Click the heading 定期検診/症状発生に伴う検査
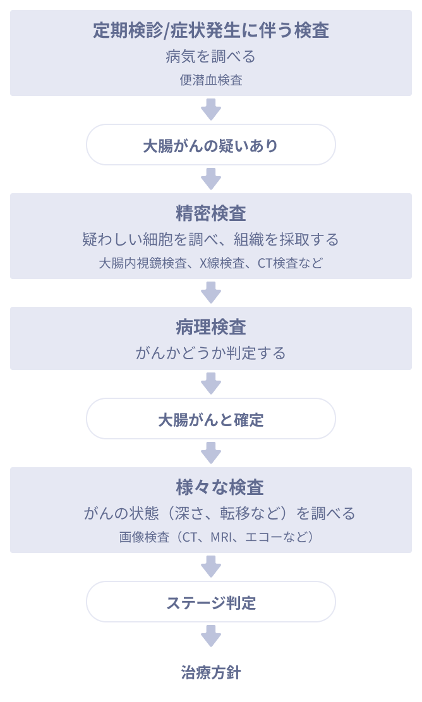pos(211,30)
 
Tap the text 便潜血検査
pos(211,80)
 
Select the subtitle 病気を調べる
pos(211,57)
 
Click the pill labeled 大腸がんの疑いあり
pos(211,146)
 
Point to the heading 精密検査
pos(211,213)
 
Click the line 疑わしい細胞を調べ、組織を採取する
pos(211,240)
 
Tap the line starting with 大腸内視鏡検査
pos(211,263)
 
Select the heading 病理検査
pos(211,326)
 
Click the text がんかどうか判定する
pos(211,353)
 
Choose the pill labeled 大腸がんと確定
pos(211,419)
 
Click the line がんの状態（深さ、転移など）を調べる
pos(211,513)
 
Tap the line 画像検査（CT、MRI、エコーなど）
pos(211,537)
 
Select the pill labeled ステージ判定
pos(211,602)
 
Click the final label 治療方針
pos(211,672)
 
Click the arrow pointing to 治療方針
pos(211,635)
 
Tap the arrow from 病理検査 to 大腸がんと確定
pos(211,383)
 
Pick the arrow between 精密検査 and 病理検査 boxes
pos(211,292)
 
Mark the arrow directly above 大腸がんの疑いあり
pos(211,109)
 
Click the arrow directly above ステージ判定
pos(211,566)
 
